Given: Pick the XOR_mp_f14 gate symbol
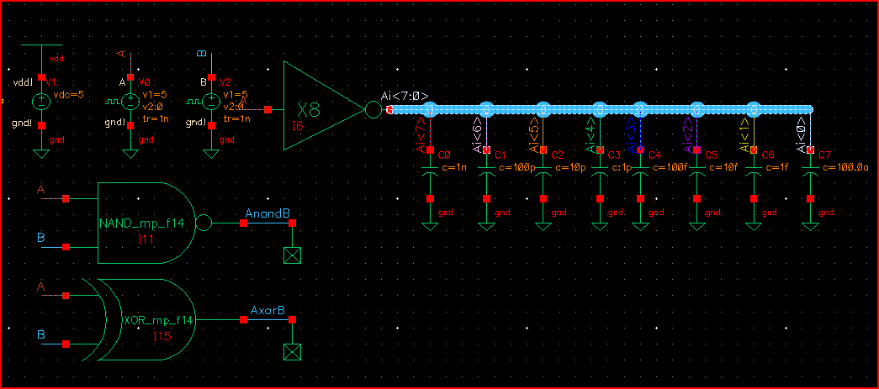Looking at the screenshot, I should point(151,320).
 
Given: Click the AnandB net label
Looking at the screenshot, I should point(267,214).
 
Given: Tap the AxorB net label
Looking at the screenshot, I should point(267,311).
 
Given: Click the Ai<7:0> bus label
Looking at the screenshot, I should point(405,96).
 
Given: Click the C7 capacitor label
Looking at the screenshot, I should point(824,155).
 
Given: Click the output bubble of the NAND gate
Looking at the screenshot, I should point(202,223).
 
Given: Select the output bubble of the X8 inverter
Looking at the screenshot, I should point(372,109).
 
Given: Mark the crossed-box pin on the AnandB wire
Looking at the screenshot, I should point(292,256).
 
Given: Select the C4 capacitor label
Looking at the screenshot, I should point(655,155).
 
